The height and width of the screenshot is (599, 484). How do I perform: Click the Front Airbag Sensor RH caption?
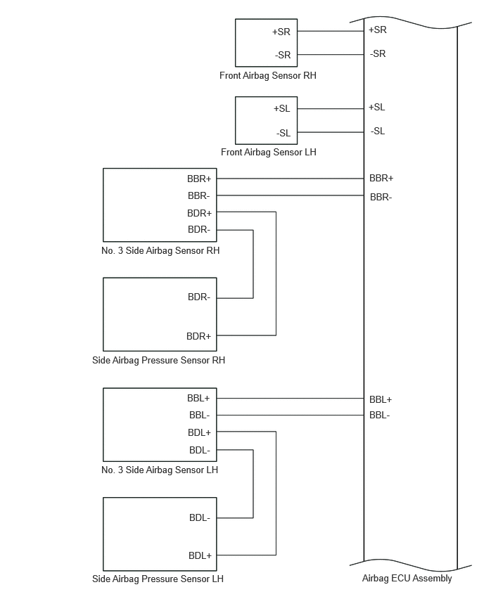click(267, 76)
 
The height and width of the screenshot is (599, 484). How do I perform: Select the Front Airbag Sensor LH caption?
click(268, 152)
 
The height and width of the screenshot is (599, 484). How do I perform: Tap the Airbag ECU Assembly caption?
click(407, 579)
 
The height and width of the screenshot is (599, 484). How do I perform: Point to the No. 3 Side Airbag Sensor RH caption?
click(160, 250)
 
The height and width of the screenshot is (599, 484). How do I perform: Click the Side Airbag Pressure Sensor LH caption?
click(158, 579)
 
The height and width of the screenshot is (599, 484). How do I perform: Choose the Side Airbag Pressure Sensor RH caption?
click(159, 360)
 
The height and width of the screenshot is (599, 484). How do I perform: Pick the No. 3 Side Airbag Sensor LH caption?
click(160, 470)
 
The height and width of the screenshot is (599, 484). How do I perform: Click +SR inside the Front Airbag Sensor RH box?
click(281, 32)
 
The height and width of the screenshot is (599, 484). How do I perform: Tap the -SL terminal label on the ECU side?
click(378, 131)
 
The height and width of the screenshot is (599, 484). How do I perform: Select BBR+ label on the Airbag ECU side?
click(381, 178)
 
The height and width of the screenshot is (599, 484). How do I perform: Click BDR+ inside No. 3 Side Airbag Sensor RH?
click(199, 213)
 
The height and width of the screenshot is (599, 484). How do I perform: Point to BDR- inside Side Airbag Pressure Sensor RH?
click(199, 297)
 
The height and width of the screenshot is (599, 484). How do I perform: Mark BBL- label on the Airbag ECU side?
click(380, 415)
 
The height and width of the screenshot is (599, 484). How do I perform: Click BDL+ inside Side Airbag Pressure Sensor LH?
click(200, 555)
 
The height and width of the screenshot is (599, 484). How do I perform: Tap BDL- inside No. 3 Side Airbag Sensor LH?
click(200, 450)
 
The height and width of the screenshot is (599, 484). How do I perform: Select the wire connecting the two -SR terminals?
click(331, 55)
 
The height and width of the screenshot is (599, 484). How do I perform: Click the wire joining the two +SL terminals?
click(331, 109)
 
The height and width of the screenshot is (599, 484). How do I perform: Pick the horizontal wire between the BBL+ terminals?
click(290, 399)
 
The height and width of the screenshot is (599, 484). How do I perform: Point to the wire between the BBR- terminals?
click(290, 195)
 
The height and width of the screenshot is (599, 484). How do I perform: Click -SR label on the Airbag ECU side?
click(378, 54)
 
